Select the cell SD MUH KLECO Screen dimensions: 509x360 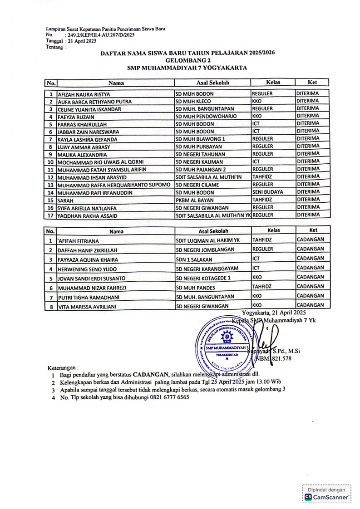191,102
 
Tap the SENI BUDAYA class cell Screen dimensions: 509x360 267,191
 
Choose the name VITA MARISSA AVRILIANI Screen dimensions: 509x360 86,307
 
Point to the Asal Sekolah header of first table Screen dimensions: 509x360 212,83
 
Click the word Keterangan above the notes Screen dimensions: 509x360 63,367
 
